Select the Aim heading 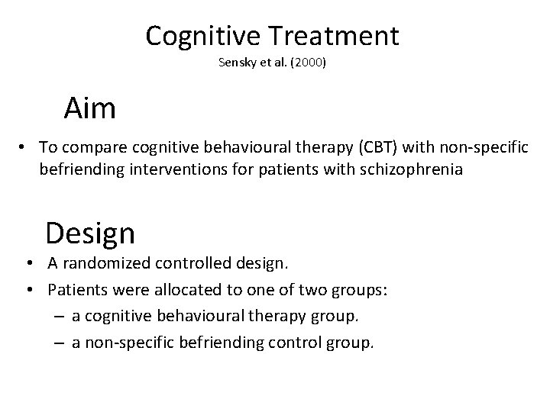90,109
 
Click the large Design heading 90,232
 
